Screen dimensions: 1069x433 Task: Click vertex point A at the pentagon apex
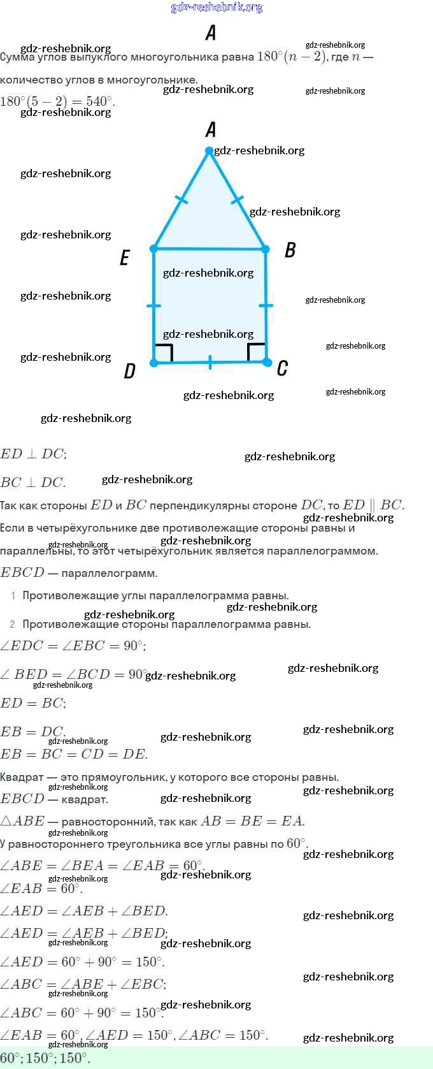pyautogui.click(x=209, y=151)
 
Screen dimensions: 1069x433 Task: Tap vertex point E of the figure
pyautogui.click(x=154, y=248)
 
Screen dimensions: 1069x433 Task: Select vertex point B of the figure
pyautogui.click(x=266, y=249)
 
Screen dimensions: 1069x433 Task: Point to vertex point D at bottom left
pyautogui.click(x=154, y=363)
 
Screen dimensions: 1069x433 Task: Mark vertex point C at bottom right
pyautogui.click(x=267, y=362)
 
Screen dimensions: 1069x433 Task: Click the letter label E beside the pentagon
pyautogui.click(x=125, y=258)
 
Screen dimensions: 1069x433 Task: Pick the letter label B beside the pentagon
pyautogui.click(x=290, y=249)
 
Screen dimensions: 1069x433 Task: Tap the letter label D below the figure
pyautogui.click(x=129, y=371)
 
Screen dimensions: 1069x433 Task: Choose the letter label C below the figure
pyautogui.click(x=282, y=368)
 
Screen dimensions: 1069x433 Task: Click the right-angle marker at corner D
pyautogui.click(x=164, y=353)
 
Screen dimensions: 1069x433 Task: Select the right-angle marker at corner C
pyautogui.click(x=257, y=352)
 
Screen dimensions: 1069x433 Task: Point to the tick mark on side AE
pyautogui.click(x=181, y=200)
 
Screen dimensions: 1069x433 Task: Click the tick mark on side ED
pyautogui.click(x=154, y=306)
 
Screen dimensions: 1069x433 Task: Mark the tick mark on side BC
pyautogui.click(x=266, y=306)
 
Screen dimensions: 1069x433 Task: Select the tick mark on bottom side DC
pyautogui.click(x=210, y=363)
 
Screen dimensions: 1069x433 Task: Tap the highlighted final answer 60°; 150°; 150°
pyautogui.click(x=45, y=1058)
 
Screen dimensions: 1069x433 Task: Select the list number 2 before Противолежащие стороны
pyautogui.click(x=13, y=624)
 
